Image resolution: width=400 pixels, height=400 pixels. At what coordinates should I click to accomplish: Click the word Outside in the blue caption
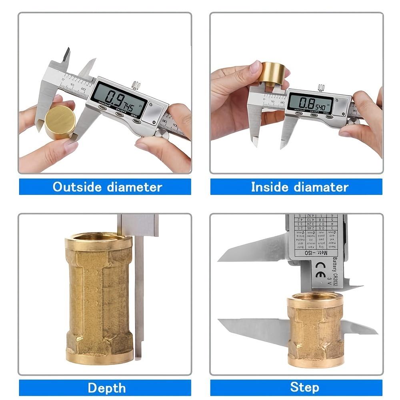pyautogui.click(x=76, y=187)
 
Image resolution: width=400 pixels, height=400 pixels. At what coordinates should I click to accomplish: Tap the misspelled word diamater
pyautogui.click(x=322, y=187)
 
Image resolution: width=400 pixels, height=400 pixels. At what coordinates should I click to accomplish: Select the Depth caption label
pyautogui.click(x=106, y=388)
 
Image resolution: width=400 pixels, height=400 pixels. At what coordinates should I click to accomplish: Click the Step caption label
pyautogui.click(x=305, y=387)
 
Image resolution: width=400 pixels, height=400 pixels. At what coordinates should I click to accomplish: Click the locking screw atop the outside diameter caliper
pyautogui.click(x=136, y=85)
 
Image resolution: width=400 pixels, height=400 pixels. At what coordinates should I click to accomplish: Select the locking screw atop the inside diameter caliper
pyautogui.click(x=321, y=88)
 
